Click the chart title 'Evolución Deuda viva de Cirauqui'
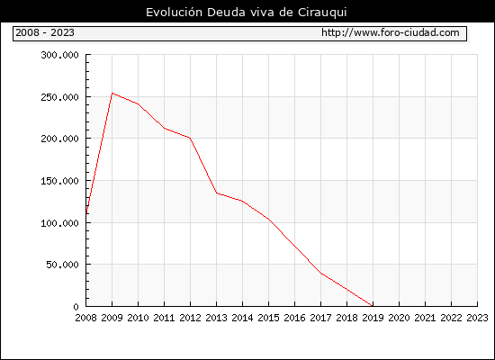click(247, 13)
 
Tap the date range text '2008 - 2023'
click(45, 32)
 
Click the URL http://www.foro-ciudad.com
click(391, 32)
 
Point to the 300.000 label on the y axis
click(59, 55)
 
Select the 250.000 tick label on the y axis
click(59, 97)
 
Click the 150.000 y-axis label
click(59, 181)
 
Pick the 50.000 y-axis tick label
click(62, 265)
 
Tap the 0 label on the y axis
click(76, 307)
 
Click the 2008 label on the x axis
click(85, 318)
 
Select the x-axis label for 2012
click(191, 318)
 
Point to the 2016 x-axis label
click(294, 318)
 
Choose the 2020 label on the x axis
click(399, 318)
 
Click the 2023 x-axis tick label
click(477, 318)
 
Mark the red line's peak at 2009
click(112, 94)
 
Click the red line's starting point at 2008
click(86, 213)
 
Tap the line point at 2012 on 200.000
click(191, 139)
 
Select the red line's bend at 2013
click(217, 193)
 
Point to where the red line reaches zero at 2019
click(373, 306)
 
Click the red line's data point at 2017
click(321, 274)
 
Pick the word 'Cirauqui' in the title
click(322, 13)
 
